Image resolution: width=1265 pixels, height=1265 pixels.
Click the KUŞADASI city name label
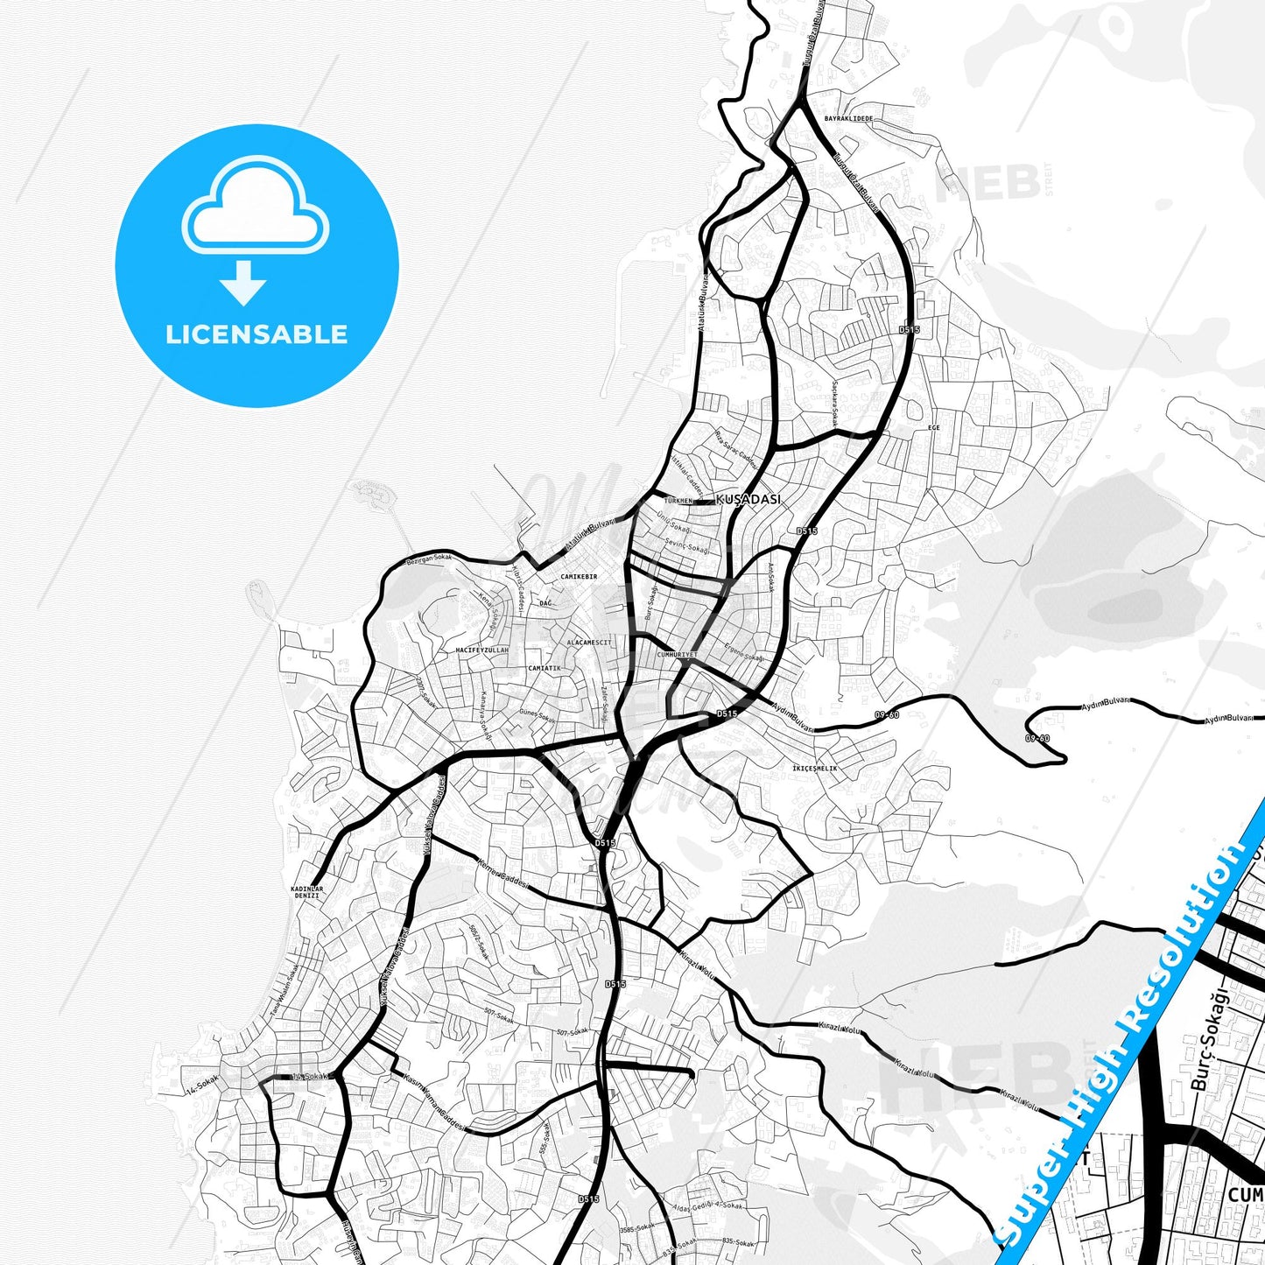pos(748,500)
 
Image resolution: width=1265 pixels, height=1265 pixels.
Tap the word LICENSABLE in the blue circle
pos(257,334)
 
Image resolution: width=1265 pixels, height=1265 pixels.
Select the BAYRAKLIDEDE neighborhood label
pos(848,118)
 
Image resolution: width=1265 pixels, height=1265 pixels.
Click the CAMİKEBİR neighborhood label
pos(579,577)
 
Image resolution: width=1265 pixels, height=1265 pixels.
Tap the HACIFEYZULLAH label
pos(481,650)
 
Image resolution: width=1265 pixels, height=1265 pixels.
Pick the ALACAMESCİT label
pos(589,642)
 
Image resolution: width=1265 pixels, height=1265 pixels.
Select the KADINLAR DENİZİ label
pos(306,892)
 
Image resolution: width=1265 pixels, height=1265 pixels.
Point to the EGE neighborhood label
pos(933,427)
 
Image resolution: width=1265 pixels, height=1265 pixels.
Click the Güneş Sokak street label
pos(537,716)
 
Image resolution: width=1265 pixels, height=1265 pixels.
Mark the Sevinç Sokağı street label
pos(686,545)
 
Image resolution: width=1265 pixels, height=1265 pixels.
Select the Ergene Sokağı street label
pos(744,652)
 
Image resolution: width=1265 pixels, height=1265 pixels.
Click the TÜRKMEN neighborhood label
pos(678,501)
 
